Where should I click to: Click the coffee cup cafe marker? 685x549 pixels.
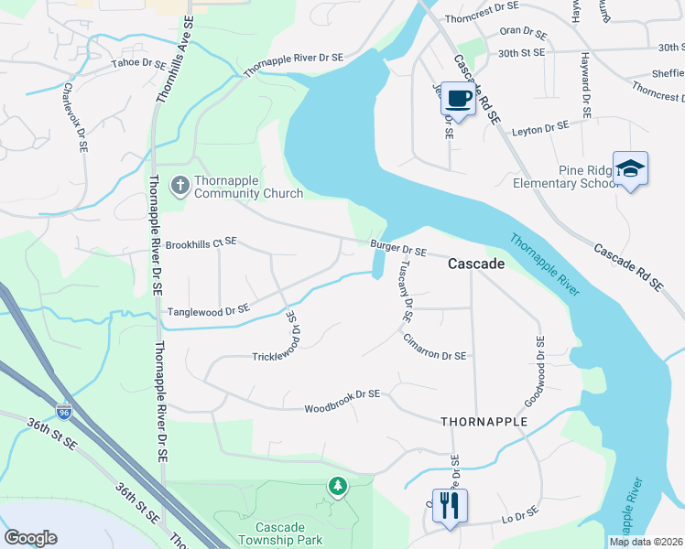point(458,97)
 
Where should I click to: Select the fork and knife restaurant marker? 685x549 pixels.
point(449,504)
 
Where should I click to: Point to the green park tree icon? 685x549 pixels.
point(338,485)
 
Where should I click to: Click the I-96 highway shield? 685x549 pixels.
point(63,413)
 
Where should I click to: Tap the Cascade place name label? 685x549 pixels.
point(475,264)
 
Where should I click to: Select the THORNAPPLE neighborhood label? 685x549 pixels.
point(484,422)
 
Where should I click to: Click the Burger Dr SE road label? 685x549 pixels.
point(398,250)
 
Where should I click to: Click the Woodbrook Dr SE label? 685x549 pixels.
point(342,393)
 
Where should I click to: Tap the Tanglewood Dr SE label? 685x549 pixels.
point(208,311)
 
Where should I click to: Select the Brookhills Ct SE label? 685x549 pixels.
point(201,243)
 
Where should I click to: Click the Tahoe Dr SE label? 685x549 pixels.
point(139,64)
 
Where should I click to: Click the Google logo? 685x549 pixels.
point(30,538)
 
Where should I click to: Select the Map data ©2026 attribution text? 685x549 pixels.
point(646,542)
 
